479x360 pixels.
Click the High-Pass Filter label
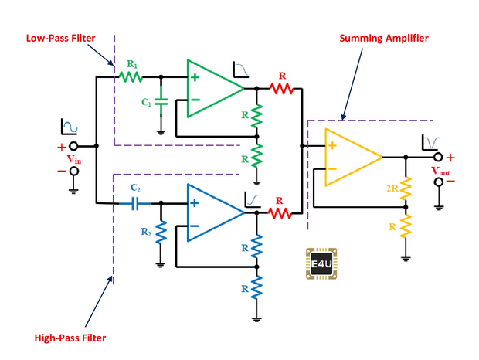[70, 338]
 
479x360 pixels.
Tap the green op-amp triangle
[213, 88]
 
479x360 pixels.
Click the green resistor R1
[127, 77]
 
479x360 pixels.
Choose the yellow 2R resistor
[403, 187]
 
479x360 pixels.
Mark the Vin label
[73, 158]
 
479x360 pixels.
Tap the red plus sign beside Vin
[61, 147]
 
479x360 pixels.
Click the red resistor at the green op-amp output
[281, 88]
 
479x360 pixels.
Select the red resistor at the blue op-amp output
[280, 212]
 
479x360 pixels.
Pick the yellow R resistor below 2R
[403, 226]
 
